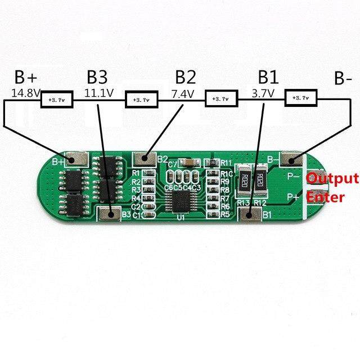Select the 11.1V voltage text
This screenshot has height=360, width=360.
tap(98, 93)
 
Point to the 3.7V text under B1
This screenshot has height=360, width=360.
tap(263, 93)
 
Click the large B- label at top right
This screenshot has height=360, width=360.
tap(343, 79)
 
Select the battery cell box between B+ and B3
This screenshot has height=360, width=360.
tap(57, 100)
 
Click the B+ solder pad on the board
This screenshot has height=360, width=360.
tap(76, 160)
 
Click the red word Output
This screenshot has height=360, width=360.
tap(332, 179)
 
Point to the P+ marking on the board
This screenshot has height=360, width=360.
tap(292, 196)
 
